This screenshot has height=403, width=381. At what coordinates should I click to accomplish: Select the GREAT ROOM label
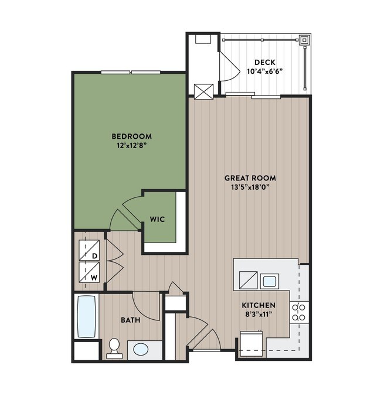250,178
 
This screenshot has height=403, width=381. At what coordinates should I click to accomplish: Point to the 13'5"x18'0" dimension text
250,187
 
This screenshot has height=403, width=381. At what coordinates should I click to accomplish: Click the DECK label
264,63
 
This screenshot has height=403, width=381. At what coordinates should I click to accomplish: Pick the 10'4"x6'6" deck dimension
264,72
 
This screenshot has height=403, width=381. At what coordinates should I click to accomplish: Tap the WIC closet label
157,220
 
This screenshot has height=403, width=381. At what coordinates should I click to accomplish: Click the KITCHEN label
258,306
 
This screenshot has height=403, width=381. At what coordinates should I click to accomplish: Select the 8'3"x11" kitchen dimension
258,315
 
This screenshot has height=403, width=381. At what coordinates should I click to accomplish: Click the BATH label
130,320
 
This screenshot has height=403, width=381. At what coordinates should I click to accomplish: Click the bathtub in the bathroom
86,316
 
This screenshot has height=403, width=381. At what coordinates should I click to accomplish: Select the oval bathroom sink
141,350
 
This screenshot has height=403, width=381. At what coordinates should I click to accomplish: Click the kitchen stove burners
299,312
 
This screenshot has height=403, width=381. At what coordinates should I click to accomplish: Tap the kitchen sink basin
269,281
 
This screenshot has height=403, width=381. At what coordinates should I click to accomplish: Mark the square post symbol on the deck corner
305,41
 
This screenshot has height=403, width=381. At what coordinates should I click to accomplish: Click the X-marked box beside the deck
203,91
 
